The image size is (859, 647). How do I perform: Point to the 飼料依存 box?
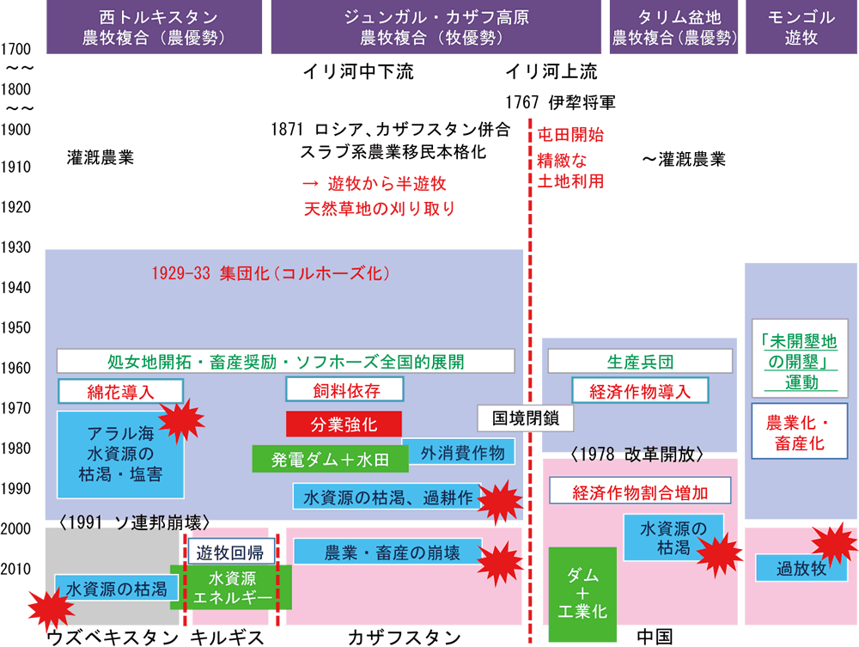click(x=344, y=391)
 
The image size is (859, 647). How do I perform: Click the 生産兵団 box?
click(x=640, y=360)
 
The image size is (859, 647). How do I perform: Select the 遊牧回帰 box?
click(x=225, y=551)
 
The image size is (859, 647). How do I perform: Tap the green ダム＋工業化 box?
click(x=584, y=594)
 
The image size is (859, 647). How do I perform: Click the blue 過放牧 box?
click(x=795, y=568)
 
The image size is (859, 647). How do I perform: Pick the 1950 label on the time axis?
click(x=17, y=329)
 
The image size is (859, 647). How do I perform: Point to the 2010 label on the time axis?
click(x=17, y=570)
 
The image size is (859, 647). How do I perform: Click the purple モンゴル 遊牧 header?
click(x=801, y=27)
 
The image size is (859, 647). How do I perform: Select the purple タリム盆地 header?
click(x=674, y=27)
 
